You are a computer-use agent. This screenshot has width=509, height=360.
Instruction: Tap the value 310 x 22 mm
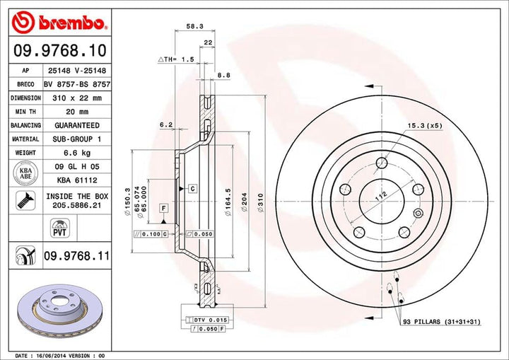tap(78, 98)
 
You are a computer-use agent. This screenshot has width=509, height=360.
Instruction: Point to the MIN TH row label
tap(25, 112)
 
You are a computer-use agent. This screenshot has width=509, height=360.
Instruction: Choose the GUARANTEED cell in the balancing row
tap(78, 125)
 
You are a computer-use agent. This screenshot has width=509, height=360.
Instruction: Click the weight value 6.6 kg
tap(78, 153)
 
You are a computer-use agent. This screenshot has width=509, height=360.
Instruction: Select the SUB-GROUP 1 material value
tap(78, 139)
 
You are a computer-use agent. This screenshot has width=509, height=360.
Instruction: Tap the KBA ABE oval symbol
tap(25, 173)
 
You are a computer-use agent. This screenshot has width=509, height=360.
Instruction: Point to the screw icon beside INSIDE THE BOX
tap(25, 200)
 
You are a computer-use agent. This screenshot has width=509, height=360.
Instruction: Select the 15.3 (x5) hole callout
tap(423, 126)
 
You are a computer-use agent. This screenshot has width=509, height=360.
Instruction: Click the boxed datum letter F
tap(163, 208)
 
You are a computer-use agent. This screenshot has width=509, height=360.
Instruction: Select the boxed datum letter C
tap(192, 188)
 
